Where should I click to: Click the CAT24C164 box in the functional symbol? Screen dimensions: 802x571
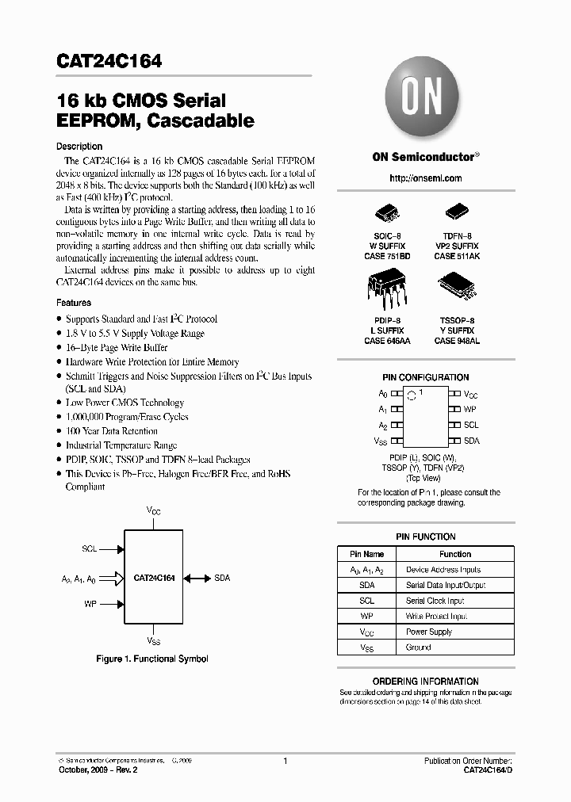click(x=154, y=579)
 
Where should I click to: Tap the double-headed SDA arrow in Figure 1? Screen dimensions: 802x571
click(x=198, y=579)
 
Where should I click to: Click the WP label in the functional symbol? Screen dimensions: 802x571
click(x=90, y=604)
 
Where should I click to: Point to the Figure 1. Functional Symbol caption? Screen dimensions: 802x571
click(x=152, y=659)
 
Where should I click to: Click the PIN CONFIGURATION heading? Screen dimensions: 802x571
click(x=426, y=377)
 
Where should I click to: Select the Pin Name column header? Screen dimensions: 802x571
click(x=366, y=554)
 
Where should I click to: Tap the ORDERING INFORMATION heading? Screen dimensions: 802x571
click(x=426, y=682)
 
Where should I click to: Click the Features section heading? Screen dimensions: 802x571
click(x=74, y=303)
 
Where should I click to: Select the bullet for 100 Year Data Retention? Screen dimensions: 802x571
click(x=59, y=432)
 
